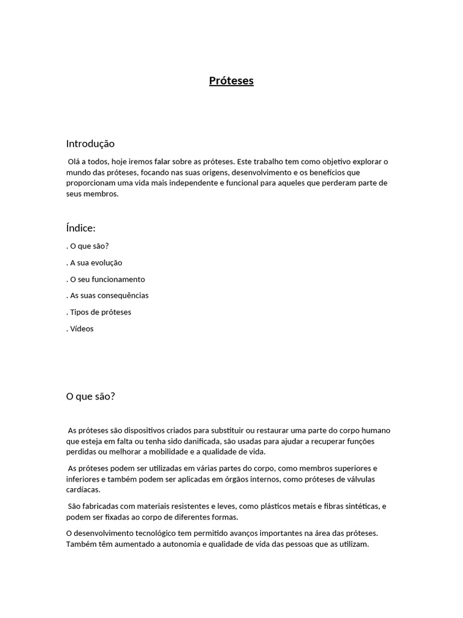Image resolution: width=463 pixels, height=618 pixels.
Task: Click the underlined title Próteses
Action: pos(231,81)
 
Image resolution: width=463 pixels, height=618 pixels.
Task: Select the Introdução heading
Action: pos(90,144)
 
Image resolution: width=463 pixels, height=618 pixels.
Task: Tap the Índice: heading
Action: pos(81,228)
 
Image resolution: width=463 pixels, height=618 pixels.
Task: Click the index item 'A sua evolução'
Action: pos(96,263)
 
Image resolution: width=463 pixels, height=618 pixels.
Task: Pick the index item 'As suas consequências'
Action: pos(109,296)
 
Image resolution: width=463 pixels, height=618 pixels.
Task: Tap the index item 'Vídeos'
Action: pos(82,329)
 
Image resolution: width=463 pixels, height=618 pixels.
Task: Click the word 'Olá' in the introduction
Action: pos(75,162)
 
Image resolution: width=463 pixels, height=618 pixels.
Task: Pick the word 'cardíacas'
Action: pos(83,490)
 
